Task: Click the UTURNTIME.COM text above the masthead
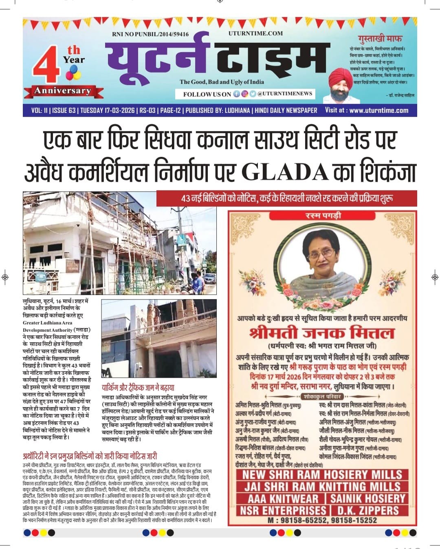click(x=255, y=33)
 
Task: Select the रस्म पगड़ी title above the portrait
click(x=323, y=215)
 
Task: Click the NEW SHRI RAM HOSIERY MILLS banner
click(x=322, y=474)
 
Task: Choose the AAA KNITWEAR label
click(x=283, y=498)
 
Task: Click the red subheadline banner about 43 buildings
click(x=287, y=198)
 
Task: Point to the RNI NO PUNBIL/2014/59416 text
click(x=150, y=34)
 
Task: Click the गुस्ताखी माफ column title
click(x=380, y=39)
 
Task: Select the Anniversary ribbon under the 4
click(x=62, y=91)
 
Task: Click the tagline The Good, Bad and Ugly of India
click(x=222, y=82)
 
